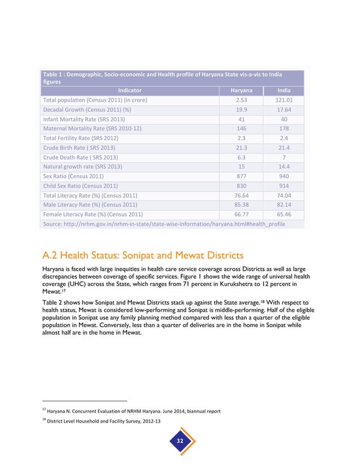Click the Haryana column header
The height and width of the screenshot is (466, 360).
(x=242, y=90)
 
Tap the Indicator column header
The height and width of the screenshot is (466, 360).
(x=130, y=90)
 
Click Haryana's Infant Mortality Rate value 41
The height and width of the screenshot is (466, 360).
(x=242, y=119)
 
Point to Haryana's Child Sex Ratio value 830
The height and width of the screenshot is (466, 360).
(x=242, y=186)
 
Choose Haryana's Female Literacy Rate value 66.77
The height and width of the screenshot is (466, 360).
(x=242, y=214)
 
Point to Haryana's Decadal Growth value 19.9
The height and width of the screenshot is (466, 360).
(x=242, y=109)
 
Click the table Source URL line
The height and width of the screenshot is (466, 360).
(x=164, y=224)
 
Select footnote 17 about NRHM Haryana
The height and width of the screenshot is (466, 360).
(x=131, y=411)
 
